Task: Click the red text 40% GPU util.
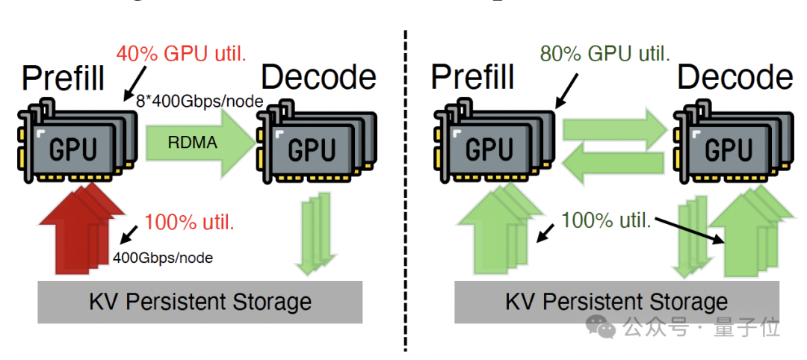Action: click(182, 54)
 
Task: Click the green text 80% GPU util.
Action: click(605, 54)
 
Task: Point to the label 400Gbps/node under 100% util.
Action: click(163, 258)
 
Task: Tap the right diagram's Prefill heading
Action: click(473, 77)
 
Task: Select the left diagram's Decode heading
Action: click(318, 77)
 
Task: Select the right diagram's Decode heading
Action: click(735, 77)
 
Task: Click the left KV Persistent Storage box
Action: click(200, 302)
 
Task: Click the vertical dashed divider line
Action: click(406, 187)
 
